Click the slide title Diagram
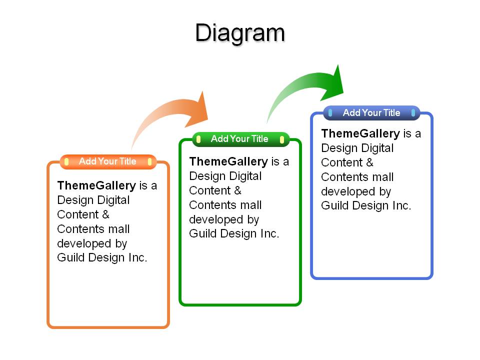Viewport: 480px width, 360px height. tap(240, 33)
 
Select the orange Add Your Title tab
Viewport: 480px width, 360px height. tap(108, 161)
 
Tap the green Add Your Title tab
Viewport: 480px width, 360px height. tap(240, 139)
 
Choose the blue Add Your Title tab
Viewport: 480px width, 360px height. tap(371, 113)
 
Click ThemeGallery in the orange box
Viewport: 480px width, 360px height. tap(96, 185)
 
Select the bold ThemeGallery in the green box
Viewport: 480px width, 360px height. tap(228, 161)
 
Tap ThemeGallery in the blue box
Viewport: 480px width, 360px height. tap(360, 133)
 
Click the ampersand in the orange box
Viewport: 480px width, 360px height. tap(105, 214)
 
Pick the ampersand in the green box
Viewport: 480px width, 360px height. tap(237, 190)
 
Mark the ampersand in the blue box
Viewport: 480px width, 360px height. tap(369, 162)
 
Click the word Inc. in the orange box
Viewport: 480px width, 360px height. tap(138, 257)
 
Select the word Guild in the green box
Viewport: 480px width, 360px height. tap(203, 233)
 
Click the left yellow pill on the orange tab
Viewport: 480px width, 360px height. tap(66, 161)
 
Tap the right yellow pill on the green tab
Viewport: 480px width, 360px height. tap(282, 139)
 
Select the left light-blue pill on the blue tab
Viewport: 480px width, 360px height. tap(330, 113)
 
